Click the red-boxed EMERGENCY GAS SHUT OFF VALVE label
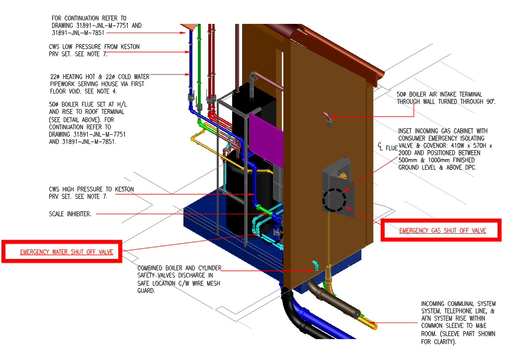coord(442,231)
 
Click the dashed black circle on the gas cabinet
coord(335,200)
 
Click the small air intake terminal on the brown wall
coord(328,118)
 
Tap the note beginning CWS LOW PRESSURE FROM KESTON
coord(94,50)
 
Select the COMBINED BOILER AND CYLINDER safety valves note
coord(178,279)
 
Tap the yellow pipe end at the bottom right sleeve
coord(374,326)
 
